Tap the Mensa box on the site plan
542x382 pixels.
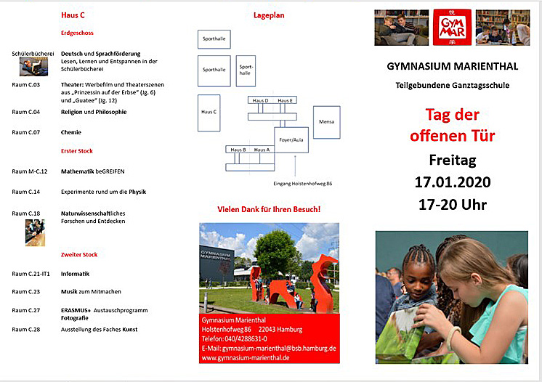326,122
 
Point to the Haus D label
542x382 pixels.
260,100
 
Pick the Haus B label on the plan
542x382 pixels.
238,149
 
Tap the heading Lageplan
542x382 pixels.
268,15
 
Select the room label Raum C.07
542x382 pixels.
26,132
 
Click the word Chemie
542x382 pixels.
71,132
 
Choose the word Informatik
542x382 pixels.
76,274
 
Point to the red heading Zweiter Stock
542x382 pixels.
78,255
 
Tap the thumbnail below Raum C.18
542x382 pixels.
34,232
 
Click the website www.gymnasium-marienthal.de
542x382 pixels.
246,358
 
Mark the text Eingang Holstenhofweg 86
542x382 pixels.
302,184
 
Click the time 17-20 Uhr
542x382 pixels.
453,204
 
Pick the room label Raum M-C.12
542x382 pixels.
30,171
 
